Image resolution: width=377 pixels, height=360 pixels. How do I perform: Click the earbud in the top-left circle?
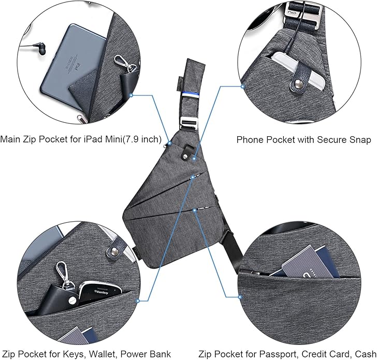(39, 51)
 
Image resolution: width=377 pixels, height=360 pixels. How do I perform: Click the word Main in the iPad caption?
(10, 139)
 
